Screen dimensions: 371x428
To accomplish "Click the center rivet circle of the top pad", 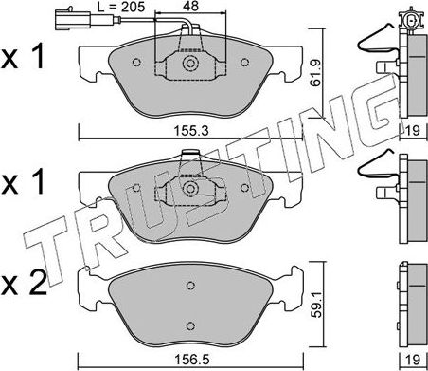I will click(189, 65).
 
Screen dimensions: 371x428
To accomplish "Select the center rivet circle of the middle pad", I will click(189, 189).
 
